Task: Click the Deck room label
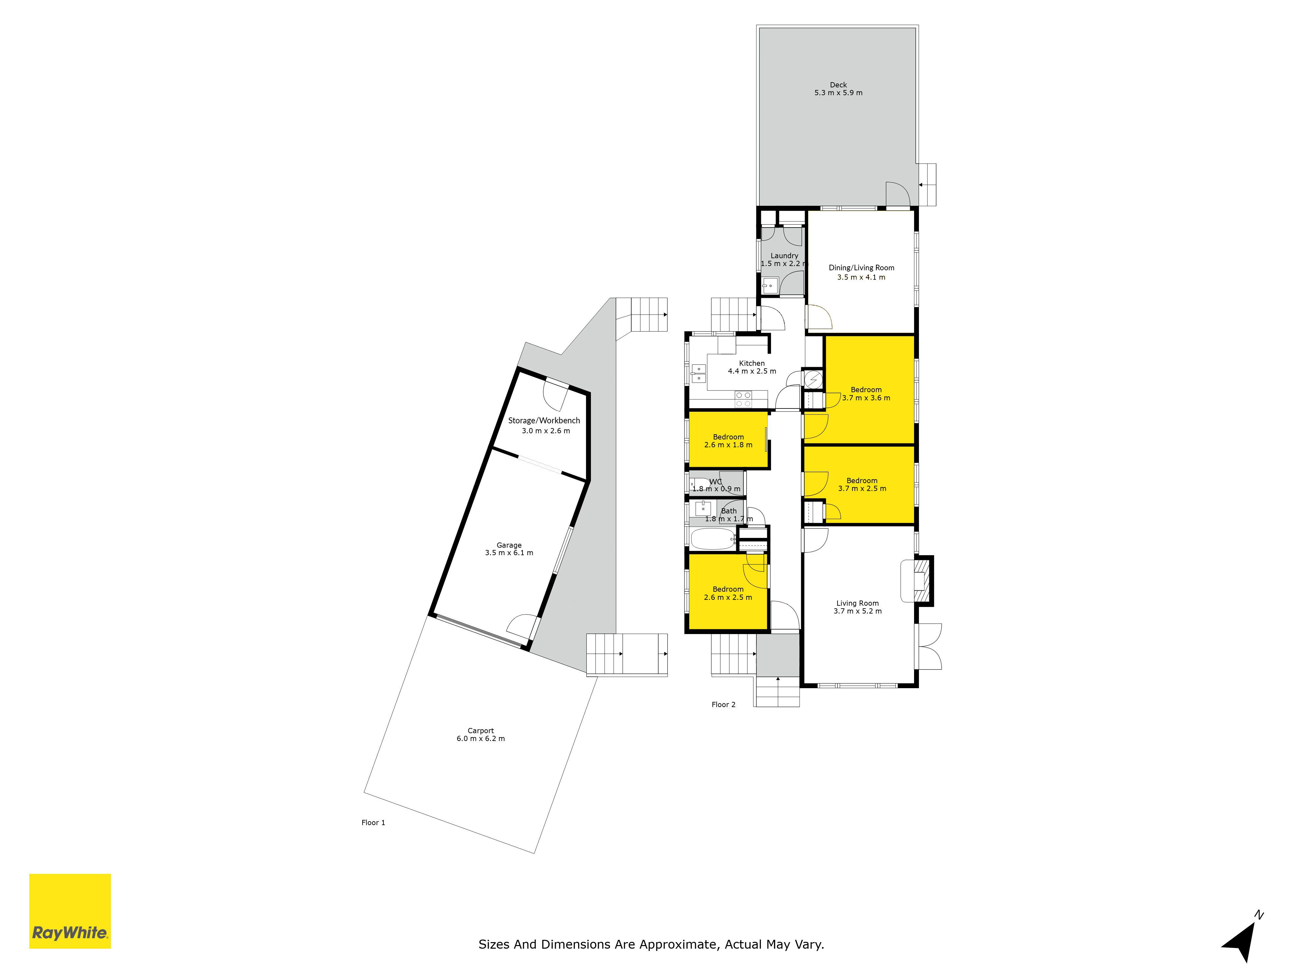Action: (x=838, y=85)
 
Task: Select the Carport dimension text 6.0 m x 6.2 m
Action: (x=481, y=739)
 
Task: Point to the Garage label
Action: (x=509, y=545)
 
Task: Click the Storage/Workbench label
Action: (x=544, y=420)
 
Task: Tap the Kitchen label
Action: (x=752, y=363)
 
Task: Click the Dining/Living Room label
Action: (x=861, y=268)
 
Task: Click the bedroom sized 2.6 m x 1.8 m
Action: (x=729, y=440)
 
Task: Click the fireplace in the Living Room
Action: (x=917, y=580)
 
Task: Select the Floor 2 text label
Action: (x=723, y=704)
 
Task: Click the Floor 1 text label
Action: (x=373, y=822)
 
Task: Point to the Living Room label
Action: (x=858, y=603)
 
